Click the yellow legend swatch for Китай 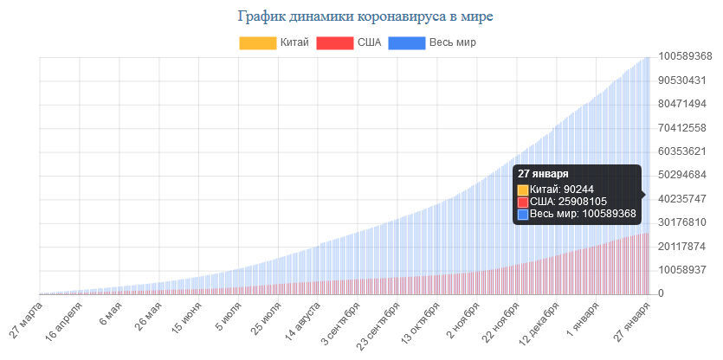click(257, 42)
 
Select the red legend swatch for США click(334, 42)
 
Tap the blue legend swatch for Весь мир click(407, 42)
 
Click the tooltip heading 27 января click(544, 174)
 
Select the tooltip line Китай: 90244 click(560, 189)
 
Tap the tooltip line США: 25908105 click(568, 201)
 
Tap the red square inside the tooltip click(523, 202)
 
